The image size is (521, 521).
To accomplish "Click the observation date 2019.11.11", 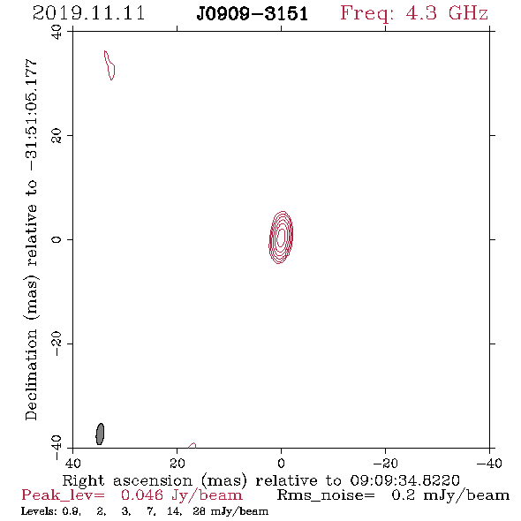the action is (88, 13).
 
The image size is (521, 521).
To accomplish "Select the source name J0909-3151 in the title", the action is (252, 14).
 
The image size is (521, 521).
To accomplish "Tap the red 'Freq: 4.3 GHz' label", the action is (414, 13).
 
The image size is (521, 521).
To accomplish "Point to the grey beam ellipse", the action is (100, 434).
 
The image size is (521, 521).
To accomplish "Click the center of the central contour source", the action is (281, 238).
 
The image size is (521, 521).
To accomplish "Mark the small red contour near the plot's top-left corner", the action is (109, 65).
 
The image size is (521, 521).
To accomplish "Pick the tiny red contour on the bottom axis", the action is (192, 446).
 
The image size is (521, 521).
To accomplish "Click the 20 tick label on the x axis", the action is (177, 464).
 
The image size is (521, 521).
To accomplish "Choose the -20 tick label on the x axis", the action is (385, 464).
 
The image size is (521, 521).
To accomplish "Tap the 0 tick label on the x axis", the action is (281, 464).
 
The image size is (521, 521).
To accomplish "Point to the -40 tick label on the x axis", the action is (489, 464).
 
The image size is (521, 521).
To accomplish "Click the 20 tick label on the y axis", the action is (57, 136).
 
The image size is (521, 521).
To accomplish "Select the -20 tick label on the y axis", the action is (57, 344).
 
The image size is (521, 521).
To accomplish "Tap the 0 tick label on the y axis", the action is (57, 239).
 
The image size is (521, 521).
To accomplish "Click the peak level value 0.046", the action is (142, 495).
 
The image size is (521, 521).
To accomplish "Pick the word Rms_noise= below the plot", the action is (326, 495).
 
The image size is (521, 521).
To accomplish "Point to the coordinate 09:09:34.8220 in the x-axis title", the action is (404, 480).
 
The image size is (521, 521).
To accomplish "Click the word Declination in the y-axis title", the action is (31, 375).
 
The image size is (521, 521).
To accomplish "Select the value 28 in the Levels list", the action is (199, 510).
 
